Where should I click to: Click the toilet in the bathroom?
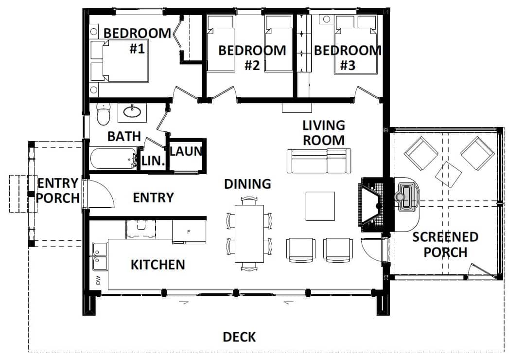coord(103,114)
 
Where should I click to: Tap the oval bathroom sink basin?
coord(132,111)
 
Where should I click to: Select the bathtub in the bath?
coord(113,159)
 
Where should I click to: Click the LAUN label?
coord(186,151)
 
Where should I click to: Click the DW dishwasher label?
coord(98,280)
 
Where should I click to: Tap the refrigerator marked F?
coord(189,231)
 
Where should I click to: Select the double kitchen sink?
coord(100,256)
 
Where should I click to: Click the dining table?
coord(249,234)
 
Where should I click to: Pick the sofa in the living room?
coord(319,161)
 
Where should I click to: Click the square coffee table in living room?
coord(320,206)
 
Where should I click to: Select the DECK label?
coord(239,337)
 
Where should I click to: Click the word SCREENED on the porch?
coord(445,237)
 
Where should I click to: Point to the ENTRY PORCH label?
coord(57,191)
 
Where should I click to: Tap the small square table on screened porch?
coord(448,174)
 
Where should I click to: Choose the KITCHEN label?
coord(157,265)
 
